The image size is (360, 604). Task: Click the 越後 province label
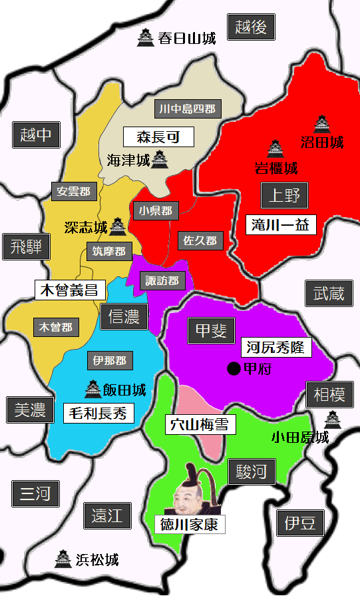click(251, 27)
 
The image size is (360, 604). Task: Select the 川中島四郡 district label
click(188, 109)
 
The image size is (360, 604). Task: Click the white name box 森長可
click(158, 137)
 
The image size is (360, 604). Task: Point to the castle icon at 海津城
click(160, 159)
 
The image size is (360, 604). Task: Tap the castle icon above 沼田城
click(322, 124)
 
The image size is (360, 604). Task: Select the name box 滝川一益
click(280, 224)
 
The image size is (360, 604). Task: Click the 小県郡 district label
click(155, 211)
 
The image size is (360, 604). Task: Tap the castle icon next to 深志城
click(118, 226)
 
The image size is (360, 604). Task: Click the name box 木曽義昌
click(69, 290)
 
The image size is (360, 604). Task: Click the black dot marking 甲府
click(234, 368)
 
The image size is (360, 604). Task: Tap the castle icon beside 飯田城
click(92, 389)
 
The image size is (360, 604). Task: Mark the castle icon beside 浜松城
click(63, 558)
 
